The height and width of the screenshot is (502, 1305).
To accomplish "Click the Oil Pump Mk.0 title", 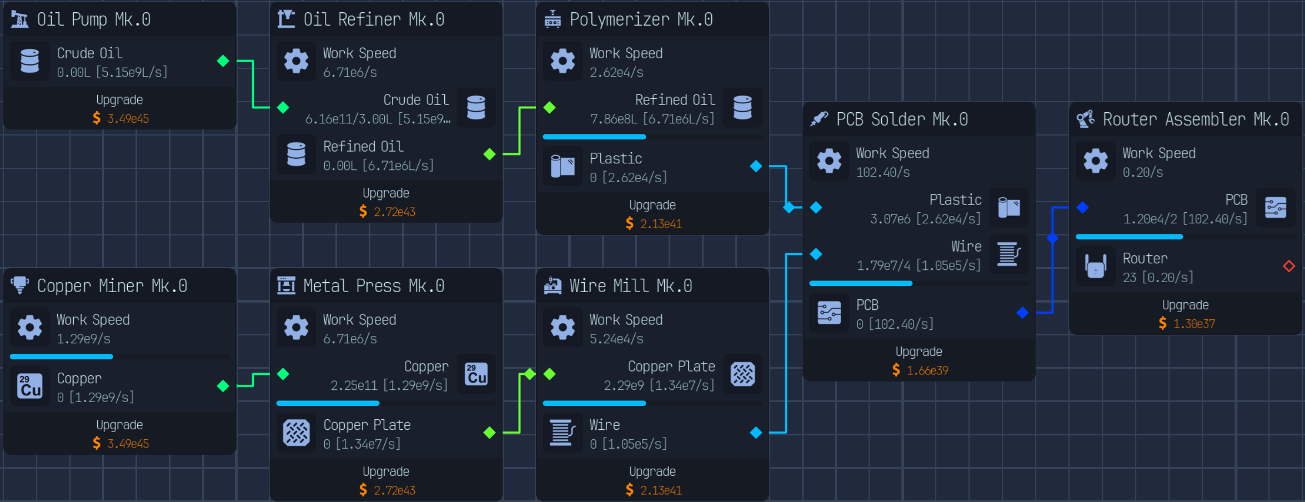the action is [93, 19].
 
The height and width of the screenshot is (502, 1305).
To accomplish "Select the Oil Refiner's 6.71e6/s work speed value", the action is [350, 72].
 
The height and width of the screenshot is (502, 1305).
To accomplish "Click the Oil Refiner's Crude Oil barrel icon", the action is [476, 108].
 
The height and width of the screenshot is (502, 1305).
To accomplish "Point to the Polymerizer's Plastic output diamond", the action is [756, 166].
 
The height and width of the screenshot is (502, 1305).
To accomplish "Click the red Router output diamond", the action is [1289, 266].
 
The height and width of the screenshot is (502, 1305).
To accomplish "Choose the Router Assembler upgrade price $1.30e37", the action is [1187, 323].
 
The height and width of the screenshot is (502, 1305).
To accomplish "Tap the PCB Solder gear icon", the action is [829, 161].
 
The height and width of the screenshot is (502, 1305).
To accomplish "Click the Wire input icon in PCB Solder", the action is [1008, 254].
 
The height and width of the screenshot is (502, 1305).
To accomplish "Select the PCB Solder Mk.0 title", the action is [902, 119].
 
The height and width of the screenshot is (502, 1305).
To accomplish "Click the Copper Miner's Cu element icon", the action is [30, 385].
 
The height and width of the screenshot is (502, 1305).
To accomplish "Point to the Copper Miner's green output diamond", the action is [223, 385].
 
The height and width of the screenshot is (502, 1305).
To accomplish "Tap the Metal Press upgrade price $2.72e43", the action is [387, 490].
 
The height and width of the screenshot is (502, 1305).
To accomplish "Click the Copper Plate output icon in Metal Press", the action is [297, 433].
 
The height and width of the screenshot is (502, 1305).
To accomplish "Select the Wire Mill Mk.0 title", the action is [631, 286].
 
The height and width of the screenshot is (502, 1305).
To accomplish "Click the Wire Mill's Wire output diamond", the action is [756, 433].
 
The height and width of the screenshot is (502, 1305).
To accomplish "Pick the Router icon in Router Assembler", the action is [1096, 267].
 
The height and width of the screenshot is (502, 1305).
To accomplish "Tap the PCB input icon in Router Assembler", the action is [1276, 208].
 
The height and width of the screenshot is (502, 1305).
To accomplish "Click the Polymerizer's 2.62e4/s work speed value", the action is [616, 72].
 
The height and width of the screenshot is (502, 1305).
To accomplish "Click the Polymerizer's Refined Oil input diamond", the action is [550, 107].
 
